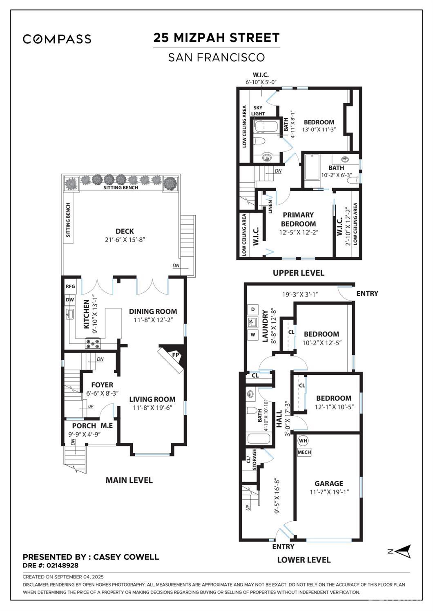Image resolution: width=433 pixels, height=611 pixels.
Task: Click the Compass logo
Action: point(57,39)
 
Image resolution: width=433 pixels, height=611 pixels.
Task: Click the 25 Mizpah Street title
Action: point(216,38)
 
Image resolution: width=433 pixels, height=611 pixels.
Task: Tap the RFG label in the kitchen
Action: point(70,286)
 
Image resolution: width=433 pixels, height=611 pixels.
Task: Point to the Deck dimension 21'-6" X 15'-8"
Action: point(125,240)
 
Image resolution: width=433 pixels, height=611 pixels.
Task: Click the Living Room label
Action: point(152,399)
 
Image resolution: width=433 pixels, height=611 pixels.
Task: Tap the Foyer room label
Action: point(102,385)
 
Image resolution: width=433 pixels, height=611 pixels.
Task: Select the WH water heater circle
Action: point(303,441)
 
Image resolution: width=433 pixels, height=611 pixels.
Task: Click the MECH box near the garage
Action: point(304,452)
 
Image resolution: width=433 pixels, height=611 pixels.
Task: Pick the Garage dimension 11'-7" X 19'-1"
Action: point(329,492)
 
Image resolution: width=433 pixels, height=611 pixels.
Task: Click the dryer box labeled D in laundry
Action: point(252,309)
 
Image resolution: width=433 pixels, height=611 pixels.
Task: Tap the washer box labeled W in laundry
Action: point(252,335)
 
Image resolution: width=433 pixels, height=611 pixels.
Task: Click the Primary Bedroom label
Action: point(298,219)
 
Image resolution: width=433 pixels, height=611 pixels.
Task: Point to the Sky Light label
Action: point(258,111)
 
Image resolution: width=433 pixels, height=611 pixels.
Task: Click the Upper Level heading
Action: point(298,273)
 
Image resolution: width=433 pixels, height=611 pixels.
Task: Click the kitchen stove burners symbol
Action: point(92,343)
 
